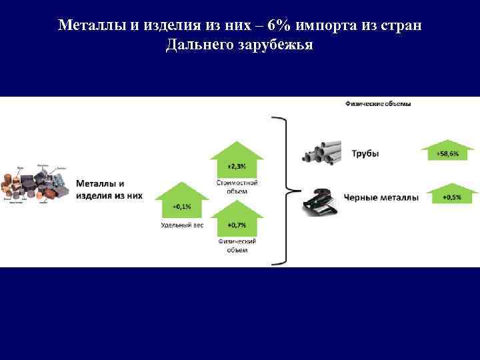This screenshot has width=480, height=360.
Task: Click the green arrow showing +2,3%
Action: [x=237, y=160]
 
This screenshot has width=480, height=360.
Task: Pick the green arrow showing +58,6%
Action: [x=447, y=151]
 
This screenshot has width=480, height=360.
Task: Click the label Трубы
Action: [x=365, y=153]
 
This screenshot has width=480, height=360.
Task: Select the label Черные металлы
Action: [x=381, y=197]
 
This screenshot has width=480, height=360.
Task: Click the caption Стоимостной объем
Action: [x=237, y=187]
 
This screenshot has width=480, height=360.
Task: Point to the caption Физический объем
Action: [x=237, y=245]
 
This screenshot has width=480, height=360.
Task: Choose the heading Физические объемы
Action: [x=378, y=103]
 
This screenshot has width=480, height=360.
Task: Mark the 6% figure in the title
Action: [x=277, y=25]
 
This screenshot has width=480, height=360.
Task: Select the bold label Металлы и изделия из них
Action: [x=109, y=189]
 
